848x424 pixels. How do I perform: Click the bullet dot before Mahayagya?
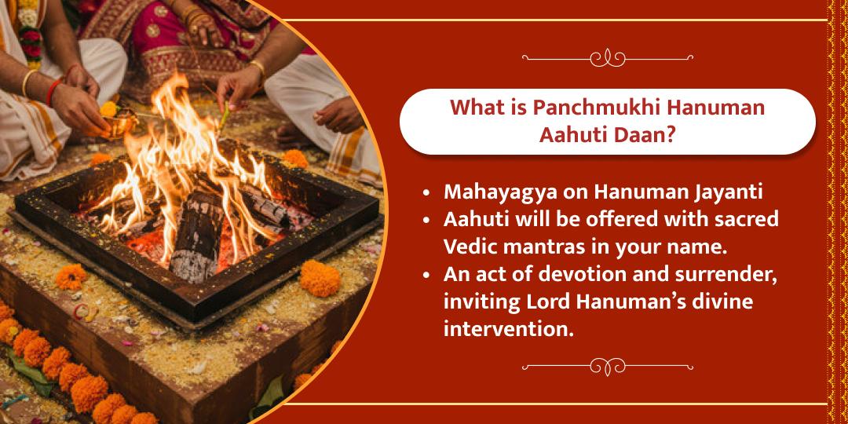pyautogui.click(x=426, y=193)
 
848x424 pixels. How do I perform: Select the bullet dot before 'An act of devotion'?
pyautogui.click(x=426, y=276)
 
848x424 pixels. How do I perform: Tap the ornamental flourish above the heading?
pyautogui.click(x=607, y=57)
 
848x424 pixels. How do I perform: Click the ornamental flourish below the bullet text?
pyautogui.click(x=607, y=366)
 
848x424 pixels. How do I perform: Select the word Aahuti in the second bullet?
pyautogui.click(x=477, y=220)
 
